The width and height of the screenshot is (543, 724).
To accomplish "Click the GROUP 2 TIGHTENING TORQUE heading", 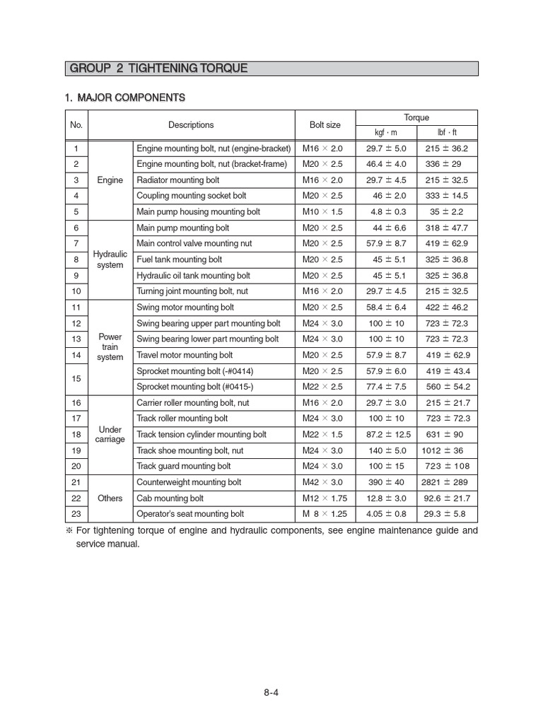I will (x=158, y=69).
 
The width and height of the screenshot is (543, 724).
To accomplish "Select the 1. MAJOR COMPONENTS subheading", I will (x=125, y=97).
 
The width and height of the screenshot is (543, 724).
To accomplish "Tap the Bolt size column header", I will (x=325, y=125).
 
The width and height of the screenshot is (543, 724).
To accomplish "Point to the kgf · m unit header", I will (x=385, y=133).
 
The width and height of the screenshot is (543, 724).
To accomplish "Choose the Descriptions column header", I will (x=191, y=125).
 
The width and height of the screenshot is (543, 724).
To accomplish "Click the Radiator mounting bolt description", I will (x=178, y=180).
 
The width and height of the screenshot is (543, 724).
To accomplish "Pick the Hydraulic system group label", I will (x=110, y=259).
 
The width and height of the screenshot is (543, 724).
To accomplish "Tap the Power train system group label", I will (x=110, y=347).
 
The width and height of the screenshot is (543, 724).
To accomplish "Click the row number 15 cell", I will (x=76, y=379).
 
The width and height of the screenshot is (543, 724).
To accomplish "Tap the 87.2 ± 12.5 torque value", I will (x=385, y=435).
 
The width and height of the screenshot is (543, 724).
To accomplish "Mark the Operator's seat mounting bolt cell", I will (x=189, y=514).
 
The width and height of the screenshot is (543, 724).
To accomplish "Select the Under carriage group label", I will (x=110, y=434).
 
